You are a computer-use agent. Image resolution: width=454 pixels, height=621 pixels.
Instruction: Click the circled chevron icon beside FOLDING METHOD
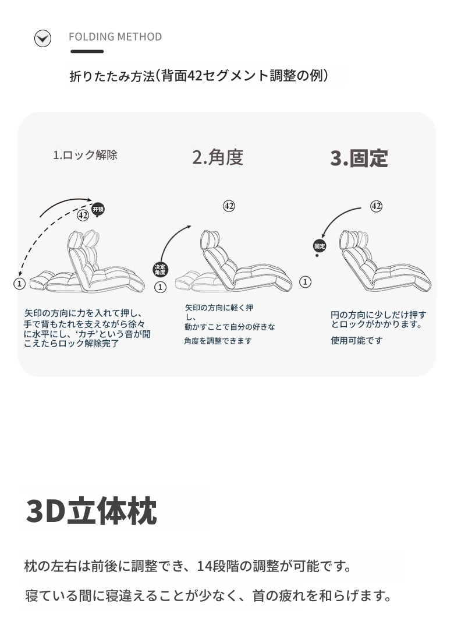point(42,38)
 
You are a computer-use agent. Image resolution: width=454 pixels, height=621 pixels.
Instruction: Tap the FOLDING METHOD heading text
point(115,37)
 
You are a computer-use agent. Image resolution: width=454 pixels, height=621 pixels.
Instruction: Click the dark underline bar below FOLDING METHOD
point(87,51)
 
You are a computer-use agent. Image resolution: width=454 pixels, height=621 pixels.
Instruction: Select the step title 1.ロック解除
point(86,155)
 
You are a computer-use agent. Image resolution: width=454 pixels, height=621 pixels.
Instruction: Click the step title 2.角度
point(218,157)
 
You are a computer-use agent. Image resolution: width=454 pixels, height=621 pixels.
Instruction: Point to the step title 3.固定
point(359,158)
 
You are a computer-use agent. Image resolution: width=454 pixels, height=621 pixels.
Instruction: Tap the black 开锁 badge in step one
point(98,209)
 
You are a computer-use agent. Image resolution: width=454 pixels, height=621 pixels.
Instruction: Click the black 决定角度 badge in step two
point(160,270)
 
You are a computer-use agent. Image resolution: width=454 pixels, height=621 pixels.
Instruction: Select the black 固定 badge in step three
point(320,246)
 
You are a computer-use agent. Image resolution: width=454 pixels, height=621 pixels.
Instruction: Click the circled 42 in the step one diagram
point(83,216)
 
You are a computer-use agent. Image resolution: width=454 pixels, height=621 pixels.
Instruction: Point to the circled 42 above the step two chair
point(229,206)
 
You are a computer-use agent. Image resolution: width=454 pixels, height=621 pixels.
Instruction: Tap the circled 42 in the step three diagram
point(376,206)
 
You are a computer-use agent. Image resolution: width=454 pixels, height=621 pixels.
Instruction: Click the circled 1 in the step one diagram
point(19,284)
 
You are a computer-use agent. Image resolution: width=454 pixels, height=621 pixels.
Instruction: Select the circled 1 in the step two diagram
point(160,287)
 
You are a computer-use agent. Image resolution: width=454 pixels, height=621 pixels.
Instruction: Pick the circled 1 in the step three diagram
point(305,282)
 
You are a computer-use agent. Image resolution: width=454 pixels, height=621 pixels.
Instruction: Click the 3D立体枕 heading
point(91,510)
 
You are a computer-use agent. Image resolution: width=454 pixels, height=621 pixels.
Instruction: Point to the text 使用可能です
point(357,341)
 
